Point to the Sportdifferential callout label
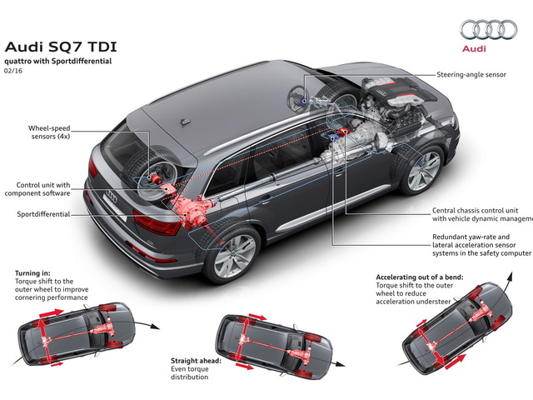(42, 214)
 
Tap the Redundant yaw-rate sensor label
(480, 242)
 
